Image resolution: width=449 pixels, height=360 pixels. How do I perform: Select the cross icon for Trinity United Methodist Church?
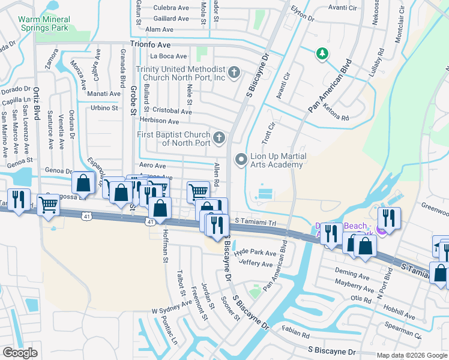coord(234,73)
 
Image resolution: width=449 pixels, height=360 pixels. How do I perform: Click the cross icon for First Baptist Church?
coord(219,138)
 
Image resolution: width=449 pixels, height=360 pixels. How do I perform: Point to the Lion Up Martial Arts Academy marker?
coord(241,160)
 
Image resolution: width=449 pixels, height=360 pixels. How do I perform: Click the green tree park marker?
coord(322,54)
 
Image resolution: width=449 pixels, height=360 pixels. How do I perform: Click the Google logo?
coord(20,352)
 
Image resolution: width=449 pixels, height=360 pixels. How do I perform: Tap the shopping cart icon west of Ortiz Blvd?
coord(48,205)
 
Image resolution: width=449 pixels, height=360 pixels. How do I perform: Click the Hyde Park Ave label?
coord(255,253)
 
